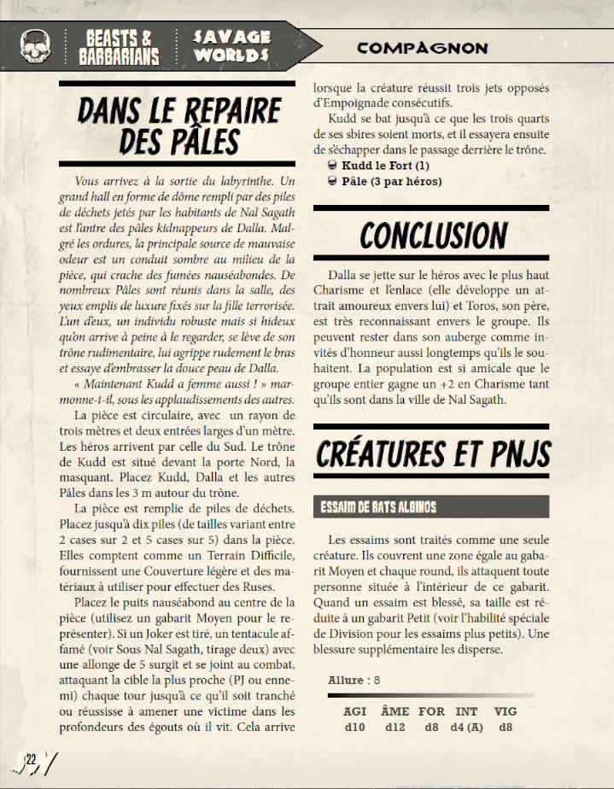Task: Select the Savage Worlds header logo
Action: (231, 46)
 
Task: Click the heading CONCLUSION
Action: (433, 235)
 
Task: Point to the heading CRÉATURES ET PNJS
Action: (433, 453)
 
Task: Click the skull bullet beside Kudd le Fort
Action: (334, 166)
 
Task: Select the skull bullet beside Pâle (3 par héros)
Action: (334, 182)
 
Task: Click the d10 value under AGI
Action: (354, 728)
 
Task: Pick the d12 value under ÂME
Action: (394, 728)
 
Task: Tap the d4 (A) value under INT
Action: (466, 728)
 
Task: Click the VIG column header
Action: (506, 710)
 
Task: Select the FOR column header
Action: (431, 710)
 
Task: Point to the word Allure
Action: (346, 680)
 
